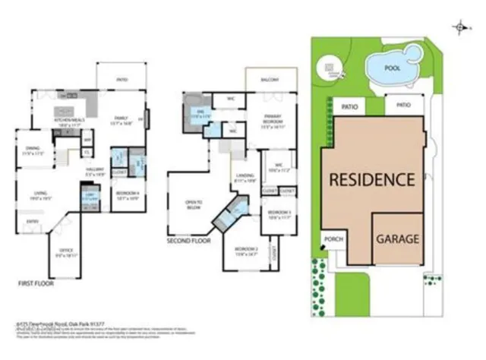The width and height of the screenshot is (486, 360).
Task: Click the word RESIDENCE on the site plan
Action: (371, 180)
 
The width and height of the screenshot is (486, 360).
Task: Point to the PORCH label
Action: (333, 238)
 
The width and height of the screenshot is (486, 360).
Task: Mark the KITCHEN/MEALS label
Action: (67, 119)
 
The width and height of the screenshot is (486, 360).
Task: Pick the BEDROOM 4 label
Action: (126, 193)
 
